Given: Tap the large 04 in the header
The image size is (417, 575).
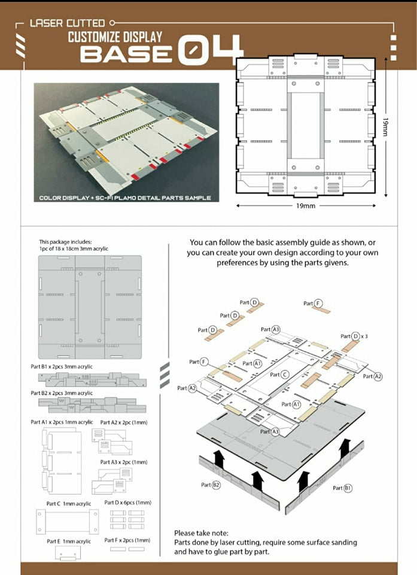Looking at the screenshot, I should pyautogui.click(x=210, y=49).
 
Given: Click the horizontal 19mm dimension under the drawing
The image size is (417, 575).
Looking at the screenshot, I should pyautogui.click(x=305, y=205).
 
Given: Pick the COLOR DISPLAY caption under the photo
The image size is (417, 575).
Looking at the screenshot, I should pyautogui.click(x=125, y=198).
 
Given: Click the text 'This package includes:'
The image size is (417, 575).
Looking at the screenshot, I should pyautogui.click(x=66, y=241).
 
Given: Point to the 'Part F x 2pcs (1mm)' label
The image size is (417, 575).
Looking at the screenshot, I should pyautogui.click(x=127, y=540).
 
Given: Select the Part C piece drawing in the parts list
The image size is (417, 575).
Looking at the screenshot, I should pyautogui.click(x=66, y=521).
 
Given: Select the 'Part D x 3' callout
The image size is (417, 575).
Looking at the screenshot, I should pyautogui.click(x=354, y=336).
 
